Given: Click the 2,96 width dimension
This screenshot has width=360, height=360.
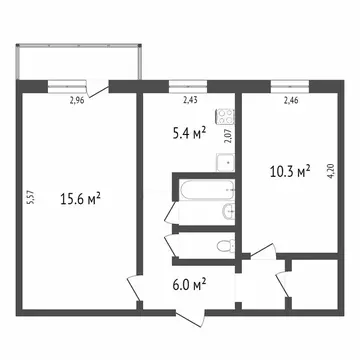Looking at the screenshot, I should (x=77, y=100).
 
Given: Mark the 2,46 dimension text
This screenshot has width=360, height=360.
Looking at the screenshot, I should (x=291, y=100).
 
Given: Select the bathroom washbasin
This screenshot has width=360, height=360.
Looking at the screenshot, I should (x=228, y=210).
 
